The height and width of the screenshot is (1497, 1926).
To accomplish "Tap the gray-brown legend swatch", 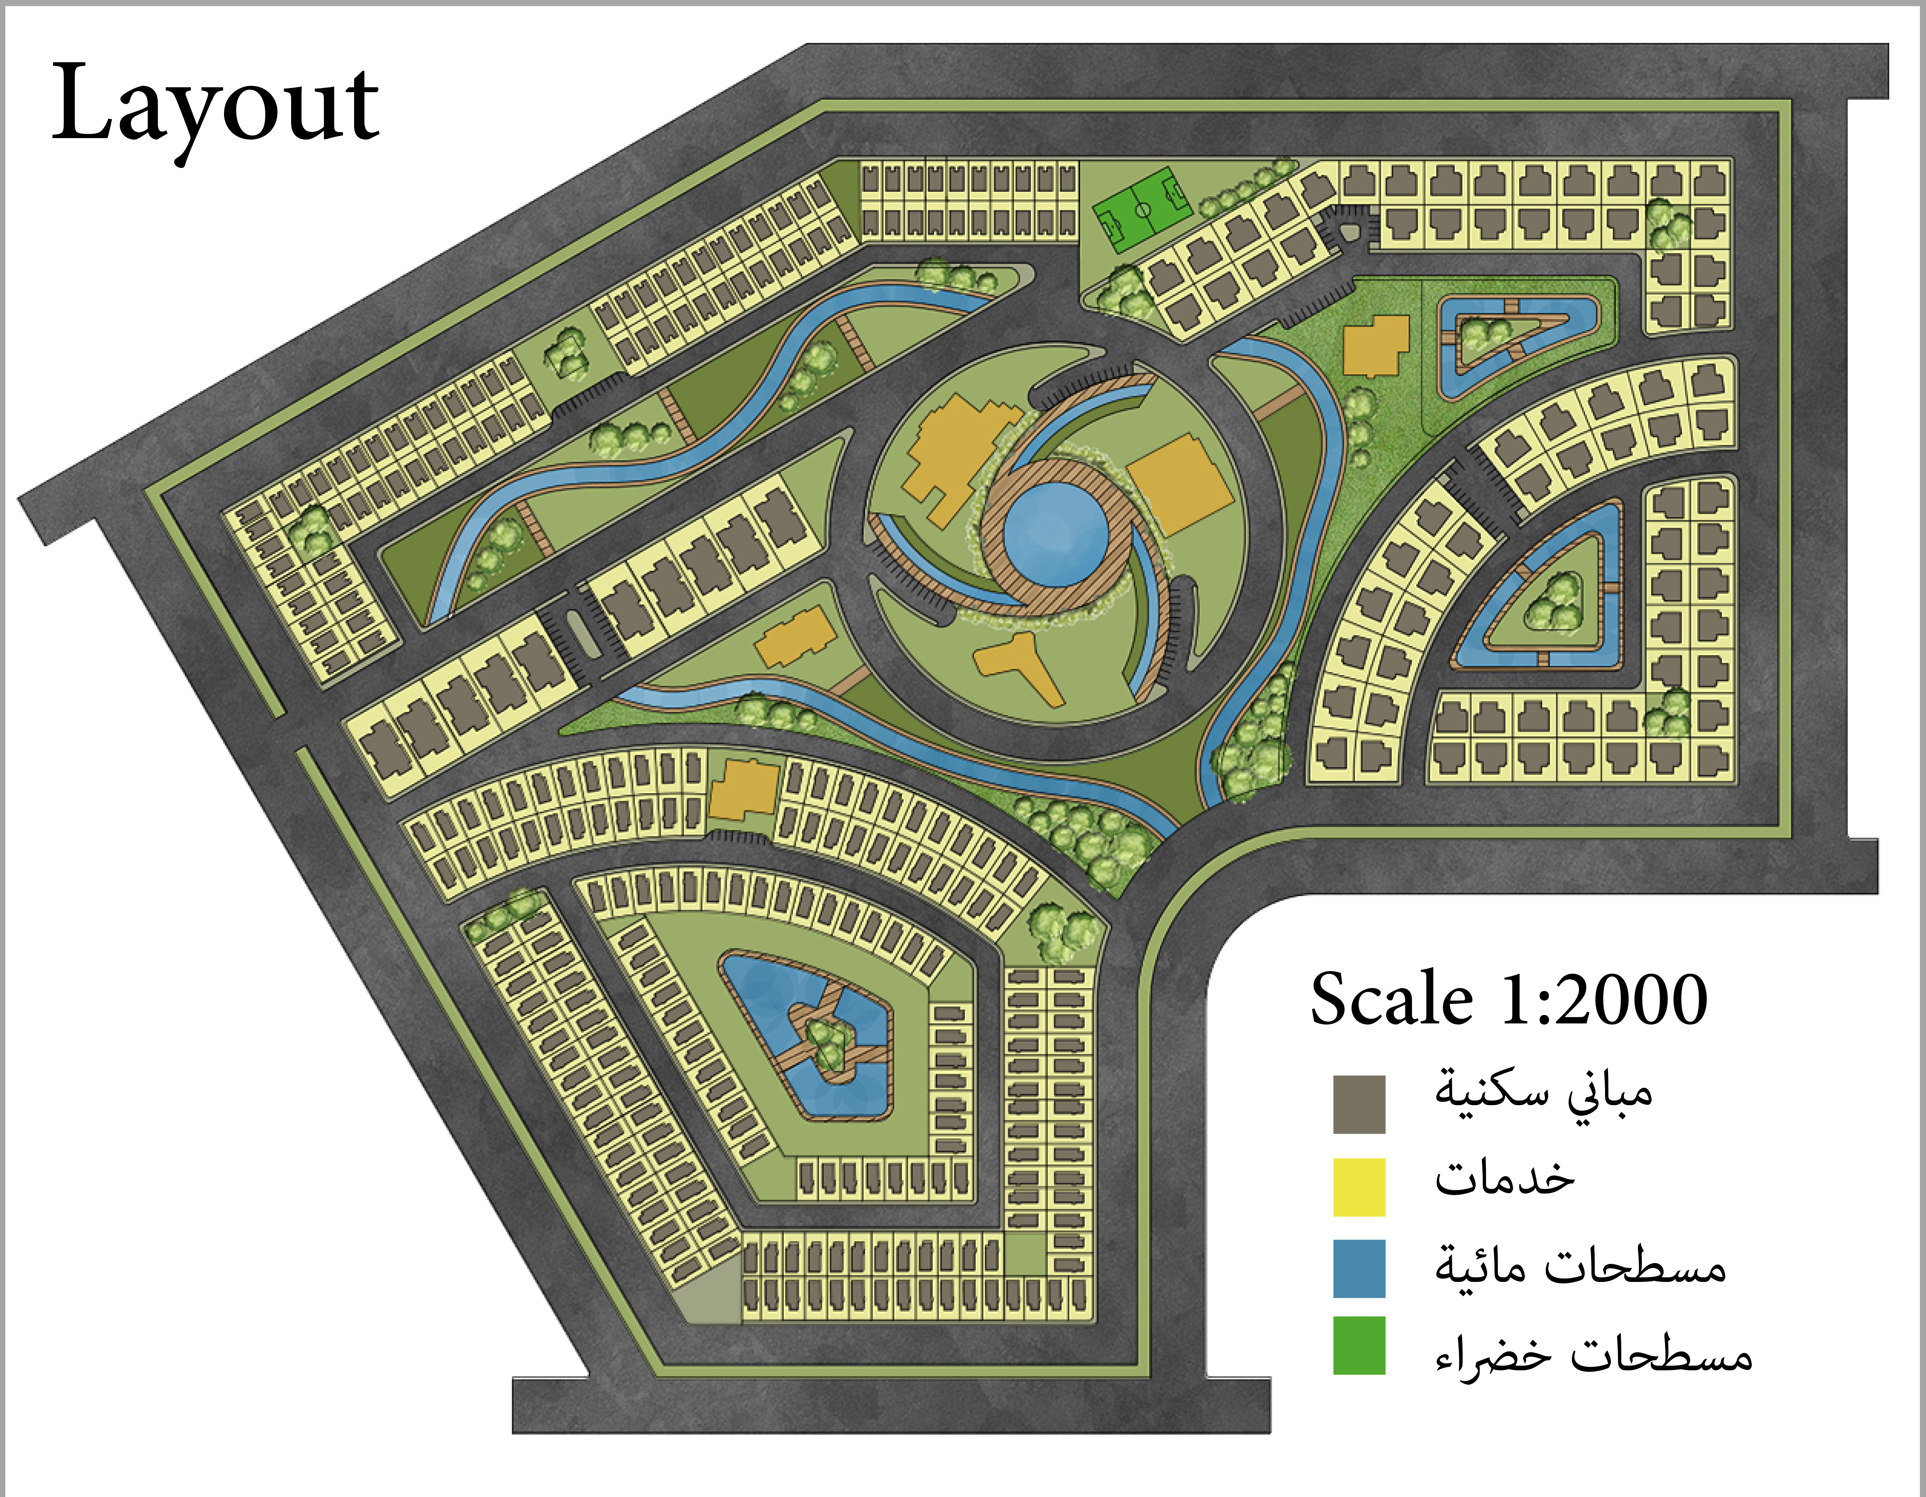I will click(1359, 1104).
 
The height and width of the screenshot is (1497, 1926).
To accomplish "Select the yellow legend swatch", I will click(1359, 1187).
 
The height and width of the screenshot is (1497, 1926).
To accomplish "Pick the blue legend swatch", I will click(1359, 1269).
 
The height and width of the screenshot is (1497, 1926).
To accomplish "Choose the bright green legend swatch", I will click(1359, 1345).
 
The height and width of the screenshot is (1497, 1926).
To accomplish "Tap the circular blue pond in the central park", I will click(1056, 533).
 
